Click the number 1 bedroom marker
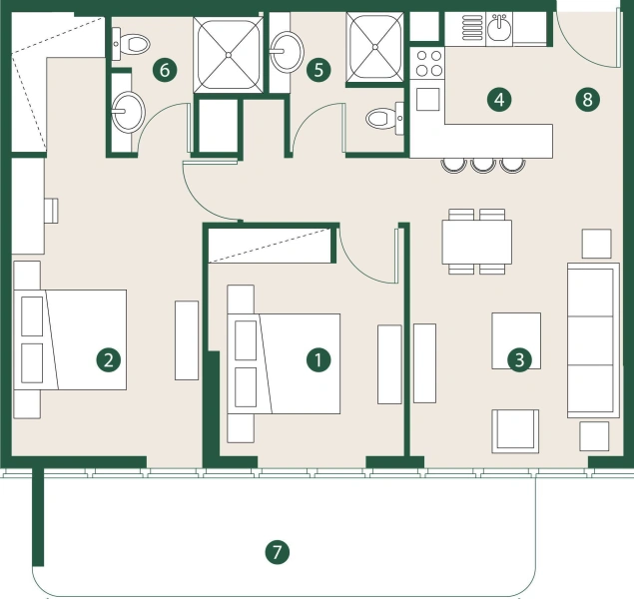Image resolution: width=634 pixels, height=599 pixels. tap(317, 359)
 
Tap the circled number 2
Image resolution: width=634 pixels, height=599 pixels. tap(108, 359)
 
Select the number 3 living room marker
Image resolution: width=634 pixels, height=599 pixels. tap(517, 359)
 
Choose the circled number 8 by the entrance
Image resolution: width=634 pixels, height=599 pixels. tap(587, 99)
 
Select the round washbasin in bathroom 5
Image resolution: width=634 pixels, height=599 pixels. tap(288, 49)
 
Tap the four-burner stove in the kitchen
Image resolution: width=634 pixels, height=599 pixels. tap(428, 64)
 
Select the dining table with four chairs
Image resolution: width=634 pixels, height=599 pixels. tap(476, 241)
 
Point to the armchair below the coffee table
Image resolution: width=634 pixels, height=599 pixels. tap(515, 431)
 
